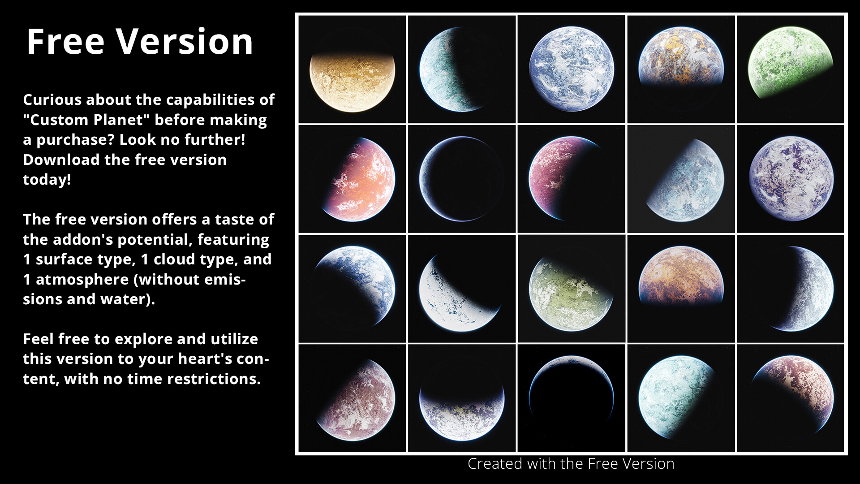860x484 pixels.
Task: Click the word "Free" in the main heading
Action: point(65,42)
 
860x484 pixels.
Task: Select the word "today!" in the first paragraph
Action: point(47,180)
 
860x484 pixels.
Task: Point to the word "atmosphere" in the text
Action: point(82,280)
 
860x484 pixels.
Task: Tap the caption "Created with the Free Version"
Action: point(571,464)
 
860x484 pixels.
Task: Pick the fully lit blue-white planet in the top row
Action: point(571,69)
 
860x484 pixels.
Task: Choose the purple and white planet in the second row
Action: point(791,178)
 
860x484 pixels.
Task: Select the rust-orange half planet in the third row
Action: point(681,276)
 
